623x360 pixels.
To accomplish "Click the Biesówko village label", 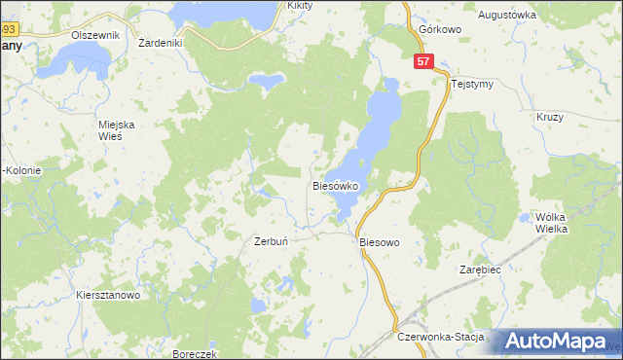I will coord(338,184).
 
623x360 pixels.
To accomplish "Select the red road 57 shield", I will coord(421,61).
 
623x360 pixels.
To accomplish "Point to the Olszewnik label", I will coord(94,35).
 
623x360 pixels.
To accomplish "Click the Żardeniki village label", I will coord(162,43).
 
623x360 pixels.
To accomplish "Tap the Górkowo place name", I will coord(438,29).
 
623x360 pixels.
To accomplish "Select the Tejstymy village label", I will coord(473,84).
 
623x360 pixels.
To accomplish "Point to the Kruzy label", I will coord(550,117).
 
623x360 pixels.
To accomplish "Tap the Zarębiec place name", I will coord(479,270).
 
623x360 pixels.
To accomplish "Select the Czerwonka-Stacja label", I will coord(441,336).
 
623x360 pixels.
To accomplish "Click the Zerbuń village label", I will coord(270,240).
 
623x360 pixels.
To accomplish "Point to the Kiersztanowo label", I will coord(108,295).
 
